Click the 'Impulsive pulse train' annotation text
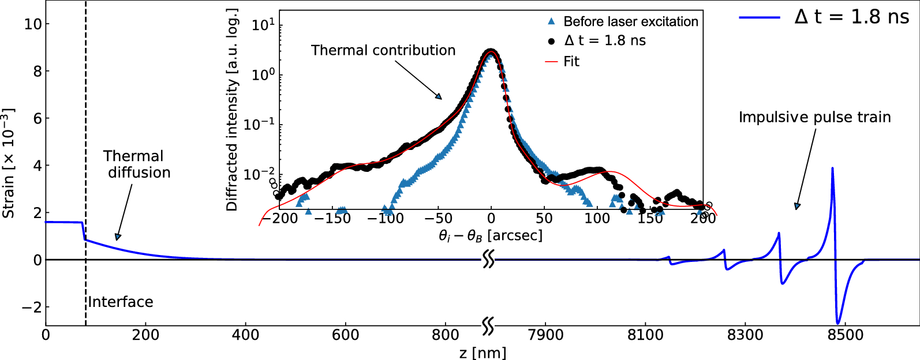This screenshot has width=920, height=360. (814, 117)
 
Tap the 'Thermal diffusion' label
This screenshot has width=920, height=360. (137, 164)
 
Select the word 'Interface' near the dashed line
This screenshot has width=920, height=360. (121, 302)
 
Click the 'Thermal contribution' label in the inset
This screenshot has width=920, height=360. (383, 50)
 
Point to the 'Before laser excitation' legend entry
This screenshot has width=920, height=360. (630, 22)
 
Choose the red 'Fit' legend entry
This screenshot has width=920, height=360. (571, 62)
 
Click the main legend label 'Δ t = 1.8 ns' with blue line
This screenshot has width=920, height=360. (851, 17)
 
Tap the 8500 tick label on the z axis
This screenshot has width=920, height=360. (845, 335)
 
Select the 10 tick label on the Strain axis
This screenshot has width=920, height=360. (33, 24)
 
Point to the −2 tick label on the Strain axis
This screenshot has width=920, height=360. (32, 307)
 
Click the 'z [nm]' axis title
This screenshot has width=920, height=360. (483, 352)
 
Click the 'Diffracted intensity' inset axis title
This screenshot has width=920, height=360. (232, 110)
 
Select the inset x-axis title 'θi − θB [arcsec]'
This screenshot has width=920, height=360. (490, 235)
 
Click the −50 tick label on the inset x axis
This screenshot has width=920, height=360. (438, 218)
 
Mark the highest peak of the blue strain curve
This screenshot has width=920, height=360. (832, 168)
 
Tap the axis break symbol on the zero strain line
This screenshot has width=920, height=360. (488, 260)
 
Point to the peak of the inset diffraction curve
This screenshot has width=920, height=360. (491, 51)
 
